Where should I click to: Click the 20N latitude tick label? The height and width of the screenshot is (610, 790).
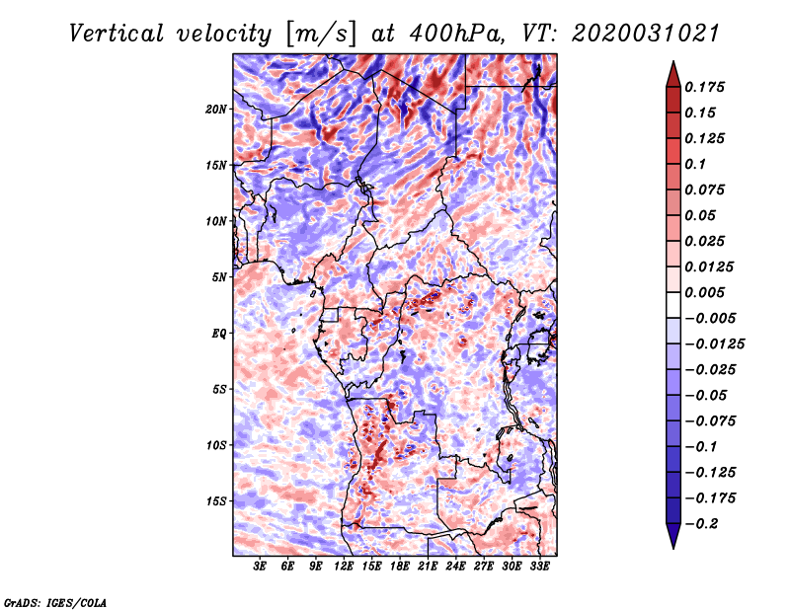click(x=216, y=109)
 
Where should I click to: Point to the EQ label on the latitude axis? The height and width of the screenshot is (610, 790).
click(x=218, y=333)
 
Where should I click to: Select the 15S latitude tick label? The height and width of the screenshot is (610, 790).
click(x=216, y=500)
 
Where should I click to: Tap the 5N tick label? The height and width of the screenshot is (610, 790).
click(x=219, y=276)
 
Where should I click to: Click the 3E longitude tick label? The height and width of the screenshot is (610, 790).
click(x=260, y=568)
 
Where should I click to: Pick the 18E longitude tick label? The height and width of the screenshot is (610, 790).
click(x=400, y=568)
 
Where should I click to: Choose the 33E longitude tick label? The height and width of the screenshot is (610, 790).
click(x=539, y=568)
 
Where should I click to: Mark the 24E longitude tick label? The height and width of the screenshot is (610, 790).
click(x=455, y=568)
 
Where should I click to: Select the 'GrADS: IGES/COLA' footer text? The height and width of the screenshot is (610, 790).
click(x=55, y=601)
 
